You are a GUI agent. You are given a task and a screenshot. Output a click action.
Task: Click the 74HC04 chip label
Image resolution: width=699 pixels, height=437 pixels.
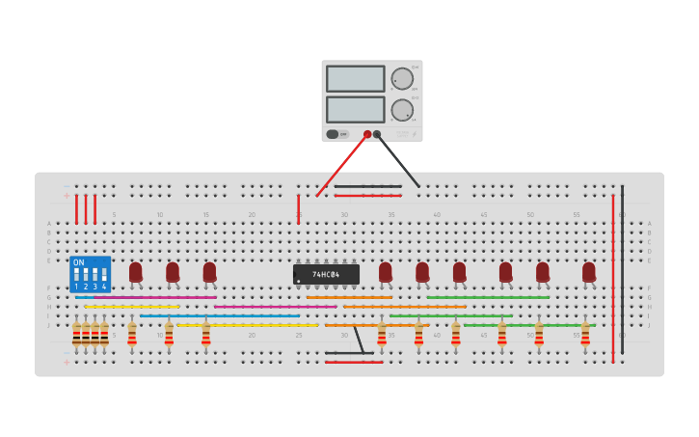(x=327, y=275)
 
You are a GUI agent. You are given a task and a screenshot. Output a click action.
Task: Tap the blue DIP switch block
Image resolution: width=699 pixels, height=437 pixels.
(x=90, y=274)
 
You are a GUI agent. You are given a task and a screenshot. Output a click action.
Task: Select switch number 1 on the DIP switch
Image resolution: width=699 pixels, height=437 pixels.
(x=76, y=275)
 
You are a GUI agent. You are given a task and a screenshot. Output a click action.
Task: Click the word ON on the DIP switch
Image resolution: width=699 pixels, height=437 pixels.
(x=78, y=262)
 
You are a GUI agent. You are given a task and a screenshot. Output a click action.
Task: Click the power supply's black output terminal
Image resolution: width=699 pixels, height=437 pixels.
(x=377, y=134)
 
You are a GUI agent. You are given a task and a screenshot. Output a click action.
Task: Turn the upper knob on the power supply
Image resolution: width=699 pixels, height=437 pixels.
(x=401, y=79)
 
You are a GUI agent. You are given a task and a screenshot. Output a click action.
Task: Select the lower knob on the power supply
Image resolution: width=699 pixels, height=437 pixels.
(x=401, y=110)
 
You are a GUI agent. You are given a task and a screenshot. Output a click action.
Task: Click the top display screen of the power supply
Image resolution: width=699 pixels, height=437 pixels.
(x=355, y=78)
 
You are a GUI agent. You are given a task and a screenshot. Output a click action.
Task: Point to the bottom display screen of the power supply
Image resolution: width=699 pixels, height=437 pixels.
(x=355, y=109)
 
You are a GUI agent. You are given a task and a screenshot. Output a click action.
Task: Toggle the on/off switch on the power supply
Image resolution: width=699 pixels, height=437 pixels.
(x=333, y=134)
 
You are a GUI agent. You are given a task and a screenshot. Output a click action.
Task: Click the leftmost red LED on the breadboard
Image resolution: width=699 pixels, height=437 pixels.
(x=136, y=272)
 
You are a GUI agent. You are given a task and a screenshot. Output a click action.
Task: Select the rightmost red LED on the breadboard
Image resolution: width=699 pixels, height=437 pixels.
(x=589, y=272)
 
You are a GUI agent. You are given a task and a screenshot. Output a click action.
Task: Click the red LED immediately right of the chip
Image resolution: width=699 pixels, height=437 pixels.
(x=386, y=272)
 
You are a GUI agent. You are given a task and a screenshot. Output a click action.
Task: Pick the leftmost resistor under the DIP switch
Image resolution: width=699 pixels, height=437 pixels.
(x=76, y=335)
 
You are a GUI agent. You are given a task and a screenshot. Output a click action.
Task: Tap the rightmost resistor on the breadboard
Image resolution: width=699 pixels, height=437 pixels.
(x=585, y=335)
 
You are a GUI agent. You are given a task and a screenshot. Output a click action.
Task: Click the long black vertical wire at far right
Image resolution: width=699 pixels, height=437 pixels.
(x=622, y=270)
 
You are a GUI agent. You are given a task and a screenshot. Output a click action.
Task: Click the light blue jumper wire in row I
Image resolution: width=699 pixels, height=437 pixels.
(x=220, y=315)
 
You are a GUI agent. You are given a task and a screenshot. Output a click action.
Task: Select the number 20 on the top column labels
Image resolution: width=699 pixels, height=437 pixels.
(x=252, y=214)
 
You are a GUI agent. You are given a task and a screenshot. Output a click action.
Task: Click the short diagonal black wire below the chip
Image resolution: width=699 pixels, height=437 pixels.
(x=359, y=340)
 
